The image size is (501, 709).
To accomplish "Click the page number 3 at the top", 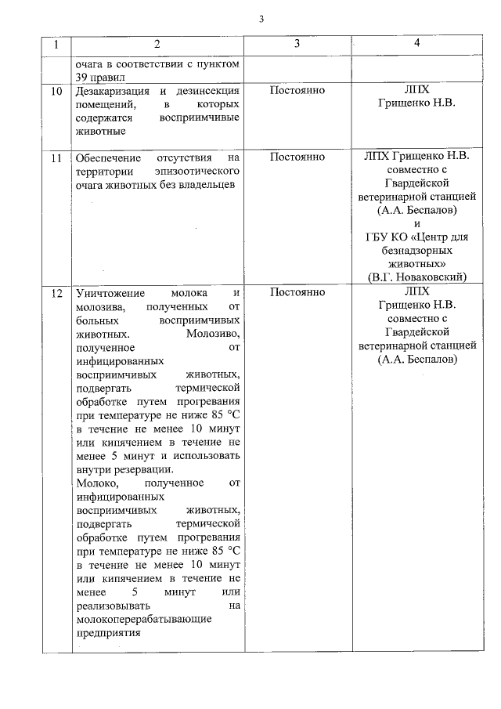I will [261, 20].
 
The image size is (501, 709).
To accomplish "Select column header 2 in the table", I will [157, 45].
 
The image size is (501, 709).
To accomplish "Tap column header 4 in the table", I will [416, 45].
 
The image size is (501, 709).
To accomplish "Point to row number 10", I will [56, 92].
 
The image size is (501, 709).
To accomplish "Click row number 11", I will [56, 157].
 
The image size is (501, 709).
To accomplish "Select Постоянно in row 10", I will [297, 91].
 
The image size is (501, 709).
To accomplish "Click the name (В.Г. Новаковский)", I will [416, 277].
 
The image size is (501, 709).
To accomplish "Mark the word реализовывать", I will [117, 606].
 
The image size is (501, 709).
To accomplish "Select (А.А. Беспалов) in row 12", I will [416, 359].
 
